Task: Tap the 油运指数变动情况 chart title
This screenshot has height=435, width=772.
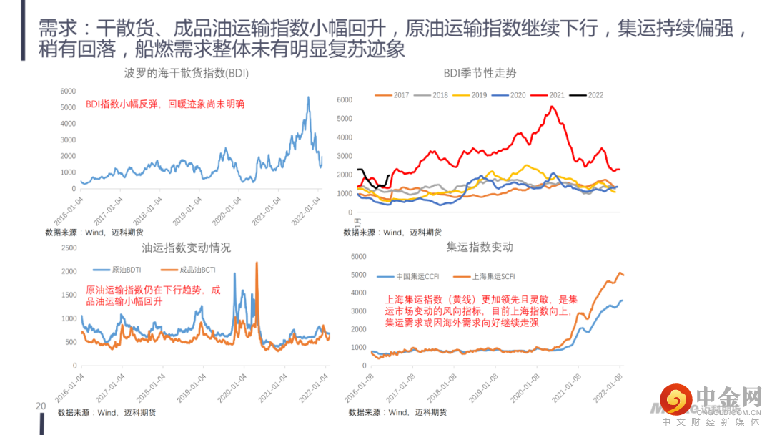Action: (x=186, y=248)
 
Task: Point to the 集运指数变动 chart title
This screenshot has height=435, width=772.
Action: (x=480, y=247)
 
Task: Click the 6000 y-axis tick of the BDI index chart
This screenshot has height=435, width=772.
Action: (x=68, y=91)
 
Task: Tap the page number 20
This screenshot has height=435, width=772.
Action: (x=41, y=406)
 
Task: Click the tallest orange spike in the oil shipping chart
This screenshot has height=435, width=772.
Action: (x=257, y=264)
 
